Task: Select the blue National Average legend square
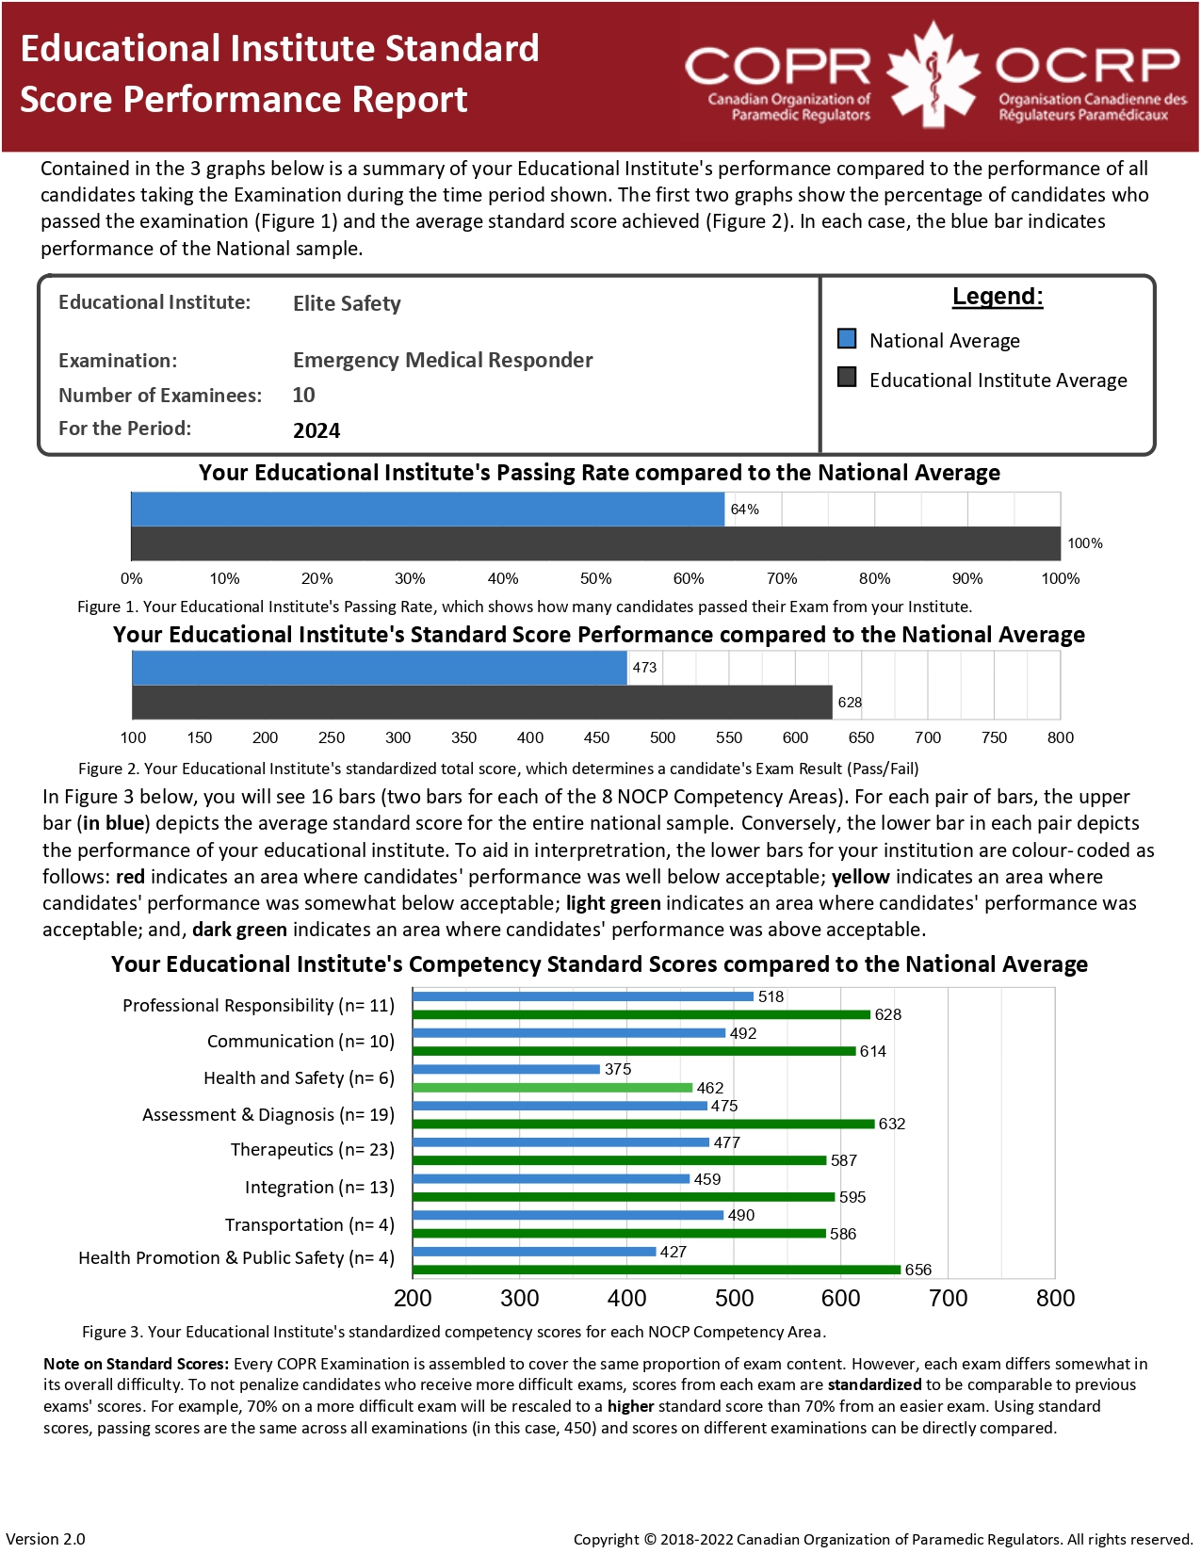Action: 847,339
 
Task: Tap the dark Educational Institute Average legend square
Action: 847,378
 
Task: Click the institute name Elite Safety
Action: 347,303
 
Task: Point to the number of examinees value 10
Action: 303,396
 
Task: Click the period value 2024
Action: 316,430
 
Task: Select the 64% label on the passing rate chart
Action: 744,510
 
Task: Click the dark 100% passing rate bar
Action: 595,543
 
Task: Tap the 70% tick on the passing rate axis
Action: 782,578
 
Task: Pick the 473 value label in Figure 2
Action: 644,668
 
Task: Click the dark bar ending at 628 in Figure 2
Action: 482,703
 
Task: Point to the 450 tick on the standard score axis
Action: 596,737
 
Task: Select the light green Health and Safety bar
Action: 552,1088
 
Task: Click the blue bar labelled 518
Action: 583,996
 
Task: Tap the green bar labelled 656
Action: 657,1270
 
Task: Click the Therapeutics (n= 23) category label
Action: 312,1150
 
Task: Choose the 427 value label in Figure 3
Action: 674,1252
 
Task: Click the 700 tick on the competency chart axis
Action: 948,1298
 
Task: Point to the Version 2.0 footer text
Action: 45,1539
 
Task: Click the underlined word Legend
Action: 997,297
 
